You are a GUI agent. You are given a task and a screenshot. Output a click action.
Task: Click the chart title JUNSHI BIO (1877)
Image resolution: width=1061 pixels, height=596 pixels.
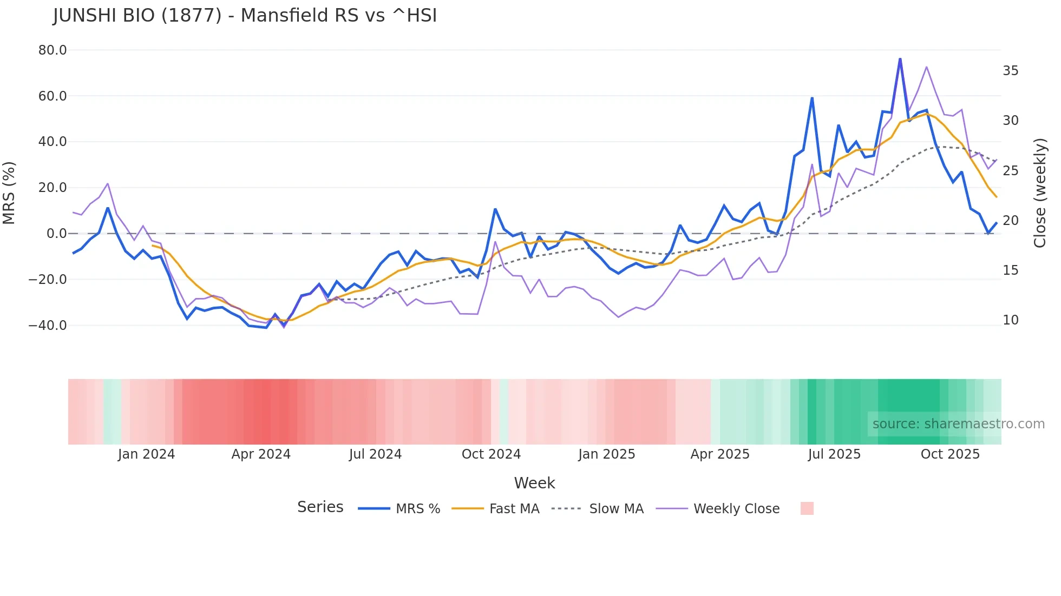(x=245, y=16)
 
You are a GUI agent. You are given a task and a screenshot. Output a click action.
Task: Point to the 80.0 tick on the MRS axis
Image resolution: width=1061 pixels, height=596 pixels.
(x=53, y=50)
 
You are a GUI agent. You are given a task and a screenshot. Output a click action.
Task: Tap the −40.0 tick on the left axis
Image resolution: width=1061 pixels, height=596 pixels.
(x=48, y=326)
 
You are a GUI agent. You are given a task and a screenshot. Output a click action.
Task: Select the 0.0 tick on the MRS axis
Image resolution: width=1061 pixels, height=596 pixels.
(x=57, y=234)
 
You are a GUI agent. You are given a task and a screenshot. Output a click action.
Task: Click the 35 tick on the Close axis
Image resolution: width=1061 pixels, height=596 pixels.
(x=1010, y=71)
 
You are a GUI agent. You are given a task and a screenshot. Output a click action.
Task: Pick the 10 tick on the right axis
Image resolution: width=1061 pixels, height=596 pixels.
(x=1010, y=320)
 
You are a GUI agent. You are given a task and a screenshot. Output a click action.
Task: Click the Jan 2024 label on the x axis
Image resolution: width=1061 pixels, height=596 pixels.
(x=146, y=454)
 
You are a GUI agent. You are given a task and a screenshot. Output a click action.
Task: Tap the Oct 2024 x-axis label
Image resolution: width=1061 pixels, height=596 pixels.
(x=491, y=454)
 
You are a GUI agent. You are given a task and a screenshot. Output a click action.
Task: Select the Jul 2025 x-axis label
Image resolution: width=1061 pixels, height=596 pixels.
(x=834, y=454)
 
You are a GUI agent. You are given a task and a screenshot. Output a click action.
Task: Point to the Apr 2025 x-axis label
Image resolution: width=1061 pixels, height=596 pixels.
(x=720, y=454)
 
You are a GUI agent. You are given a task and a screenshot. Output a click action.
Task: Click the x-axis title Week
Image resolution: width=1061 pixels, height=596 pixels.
(x=534, y=483)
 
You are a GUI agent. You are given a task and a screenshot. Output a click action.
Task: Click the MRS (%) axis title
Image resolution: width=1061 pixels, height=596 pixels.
(x=9, y=193)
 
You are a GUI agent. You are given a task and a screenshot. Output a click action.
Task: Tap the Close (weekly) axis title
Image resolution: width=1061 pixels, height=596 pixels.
(x=1040, y=193)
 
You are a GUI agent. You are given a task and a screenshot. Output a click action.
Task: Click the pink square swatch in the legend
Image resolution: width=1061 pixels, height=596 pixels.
(x=807, y=508)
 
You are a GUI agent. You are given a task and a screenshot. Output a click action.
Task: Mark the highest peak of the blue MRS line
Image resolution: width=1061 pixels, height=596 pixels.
(x=900, y=59)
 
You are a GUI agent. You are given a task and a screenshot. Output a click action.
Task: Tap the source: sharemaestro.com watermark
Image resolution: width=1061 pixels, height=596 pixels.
(x=958, y=424)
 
